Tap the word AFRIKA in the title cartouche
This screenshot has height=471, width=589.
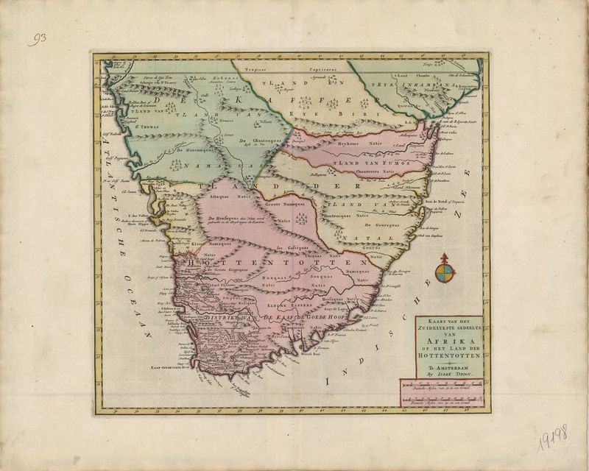click(x=440, y=340)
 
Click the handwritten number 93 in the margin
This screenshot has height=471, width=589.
click(x=38, y=40)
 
